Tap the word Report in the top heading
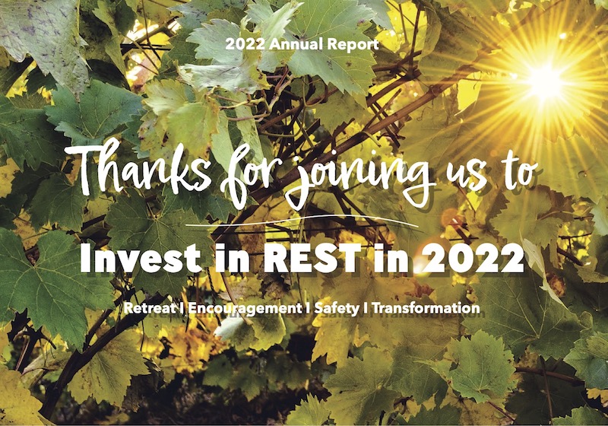353,45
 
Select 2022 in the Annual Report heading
245,44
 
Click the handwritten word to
517,170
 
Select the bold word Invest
141,258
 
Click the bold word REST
312,258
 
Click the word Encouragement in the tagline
244,309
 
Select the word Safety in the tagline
337,309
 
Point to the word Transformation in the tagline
426,308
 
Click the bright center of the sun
546,82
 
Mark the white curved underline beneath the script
302,221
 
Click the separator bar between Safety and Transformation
366,308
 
